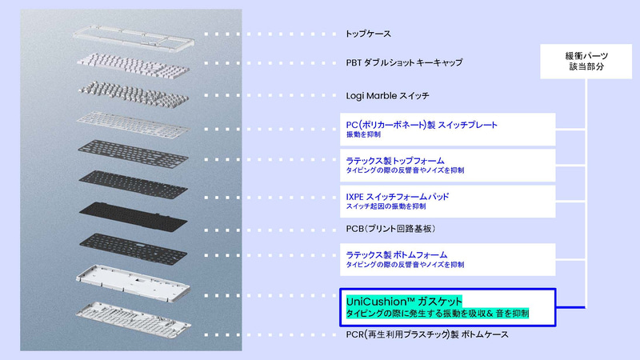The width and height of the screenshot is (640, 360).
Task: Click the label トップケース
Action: coord(368,34)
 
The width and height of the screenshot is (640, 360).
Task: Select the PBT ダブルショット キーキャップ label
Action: coord(404,62)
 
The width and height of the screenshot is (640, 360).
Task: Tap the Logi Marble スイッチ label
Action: coord(387,95)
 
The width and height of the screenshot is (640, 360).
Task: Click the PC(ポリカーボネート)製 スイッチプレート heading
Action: coord(421,126)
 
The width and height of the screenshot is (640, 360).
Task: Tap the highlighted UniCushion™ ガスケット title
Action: coord(399,302)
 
